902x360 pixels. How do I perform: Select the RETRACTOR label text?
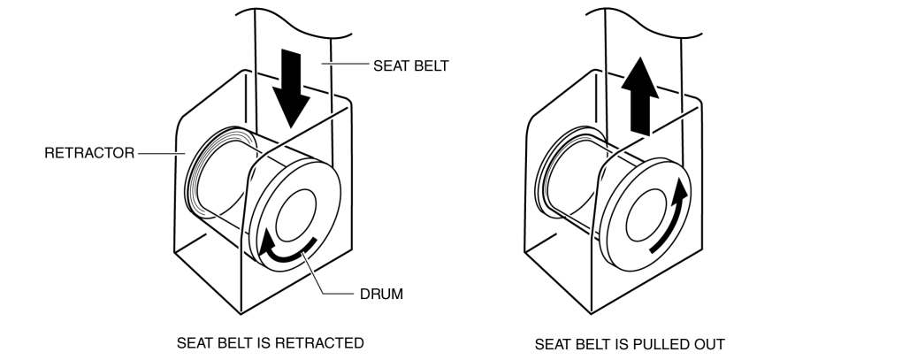pyautogui.click(x=88, y=153)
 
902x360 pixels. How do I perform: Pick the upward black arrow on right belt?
pyautogui.click(x=640, y=99)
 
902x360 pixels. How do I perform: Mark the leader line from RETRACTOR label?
pyautogui.click(x=159, y=153)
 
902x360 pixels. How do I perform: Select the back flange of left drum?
pyautogui.click(x=199, y=173)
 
